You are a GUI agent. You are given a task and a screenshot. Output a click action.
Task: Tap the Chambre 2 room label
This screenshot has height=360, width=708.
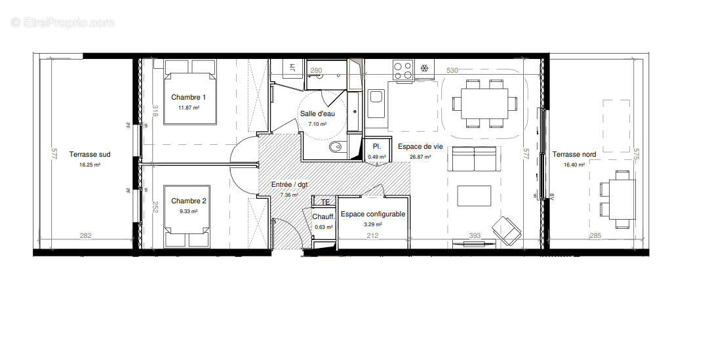tap(189, 201)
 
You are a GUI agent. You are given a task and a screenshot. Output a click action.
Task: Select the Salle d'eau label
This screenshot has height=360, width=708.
tap(317, 113)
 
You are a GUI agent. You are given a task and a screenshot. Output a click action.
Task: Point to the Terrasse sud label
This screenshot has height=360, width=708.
tap(90, 155)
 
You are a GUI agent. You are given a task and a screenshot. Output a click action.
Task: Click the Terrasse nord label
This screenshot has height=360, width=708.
tap(574, 155)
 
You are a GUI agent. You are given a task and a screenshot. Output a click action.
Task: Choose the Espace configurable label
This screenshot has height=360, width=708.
tap(372, 214)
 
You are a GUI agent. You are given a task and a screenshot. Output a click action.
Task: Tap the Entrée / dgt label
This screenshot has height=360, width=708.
tap(290, 185)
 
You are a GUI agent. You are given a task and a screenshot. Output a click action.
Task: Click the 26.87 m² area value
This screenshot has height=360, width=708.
tap(419, 157)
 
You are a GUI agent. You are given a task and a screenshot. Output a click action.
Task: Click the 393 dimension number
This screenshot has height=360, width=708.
tap(475, 236)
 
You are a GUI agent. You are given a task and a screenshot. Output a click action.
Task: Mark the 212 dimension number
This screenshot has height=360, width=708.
tap(372, 236)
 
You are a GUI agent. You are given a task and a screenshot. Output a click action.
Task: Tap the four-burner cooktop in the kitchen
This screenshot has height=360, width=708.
tap(403, 68)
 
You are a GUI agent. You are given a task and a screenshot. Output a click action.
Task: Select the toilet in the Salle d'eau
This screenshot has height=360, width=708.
tap(336, 148)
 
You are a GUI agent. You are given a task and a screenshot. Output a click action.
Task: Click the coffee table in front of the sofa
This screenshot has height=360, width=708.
tap(474, 195)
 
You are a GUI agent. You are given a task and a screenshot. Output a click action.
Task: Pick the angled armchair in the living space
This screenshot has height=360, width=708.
tap(509, 230)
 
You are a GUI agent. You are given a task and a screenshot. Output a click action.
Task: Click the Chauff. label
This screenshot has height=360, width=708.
tap(324, 217)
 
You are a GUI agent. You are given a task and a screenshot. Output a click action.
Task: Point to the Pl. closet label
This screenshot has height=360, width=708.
tap(376, 147)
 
